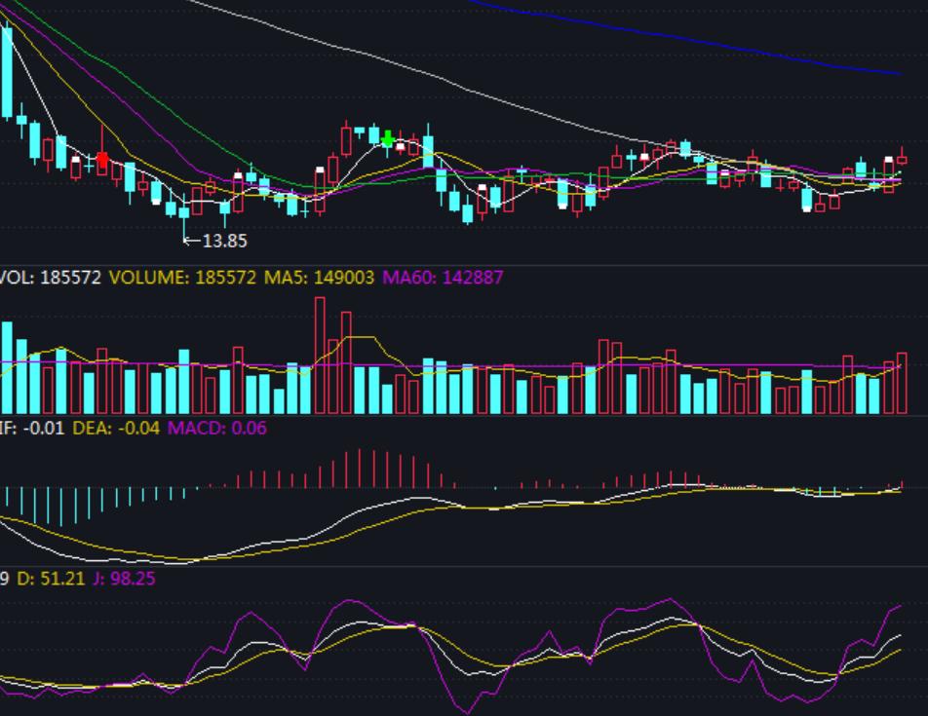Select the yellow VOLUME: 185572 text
click(x=182, y=278)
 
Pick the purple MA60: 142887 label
click(x=443, y=278)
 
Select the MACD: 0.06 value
click(x=217, y=428)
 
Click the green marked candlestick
click(x=388, y=140)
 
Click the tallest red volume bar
click(x=320, y=356)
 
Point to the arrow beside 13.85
click(x=191, y=241)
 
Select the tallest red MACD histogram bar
click(x=361, y=468)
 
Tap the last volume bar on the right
click(x=902, y=383)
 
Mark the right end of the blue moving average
click(x=899, y=73)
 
